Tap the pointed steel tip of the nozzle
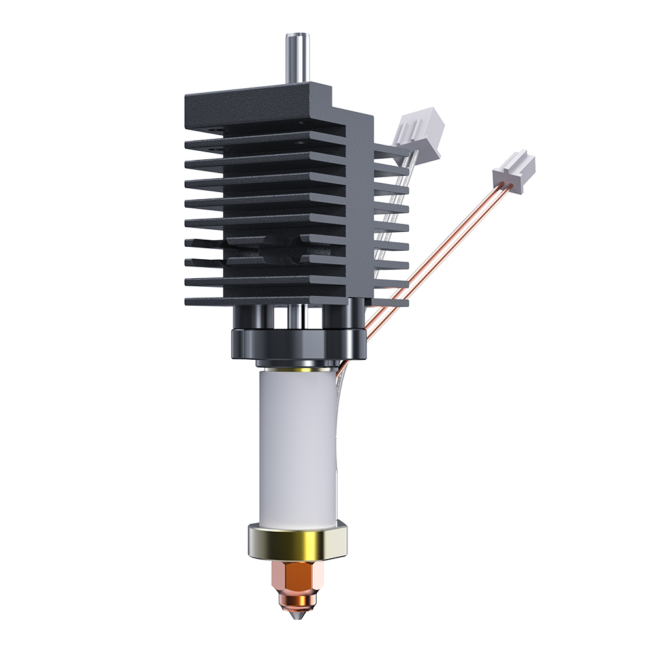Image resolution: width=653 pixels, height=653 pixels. pos(296,614)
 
